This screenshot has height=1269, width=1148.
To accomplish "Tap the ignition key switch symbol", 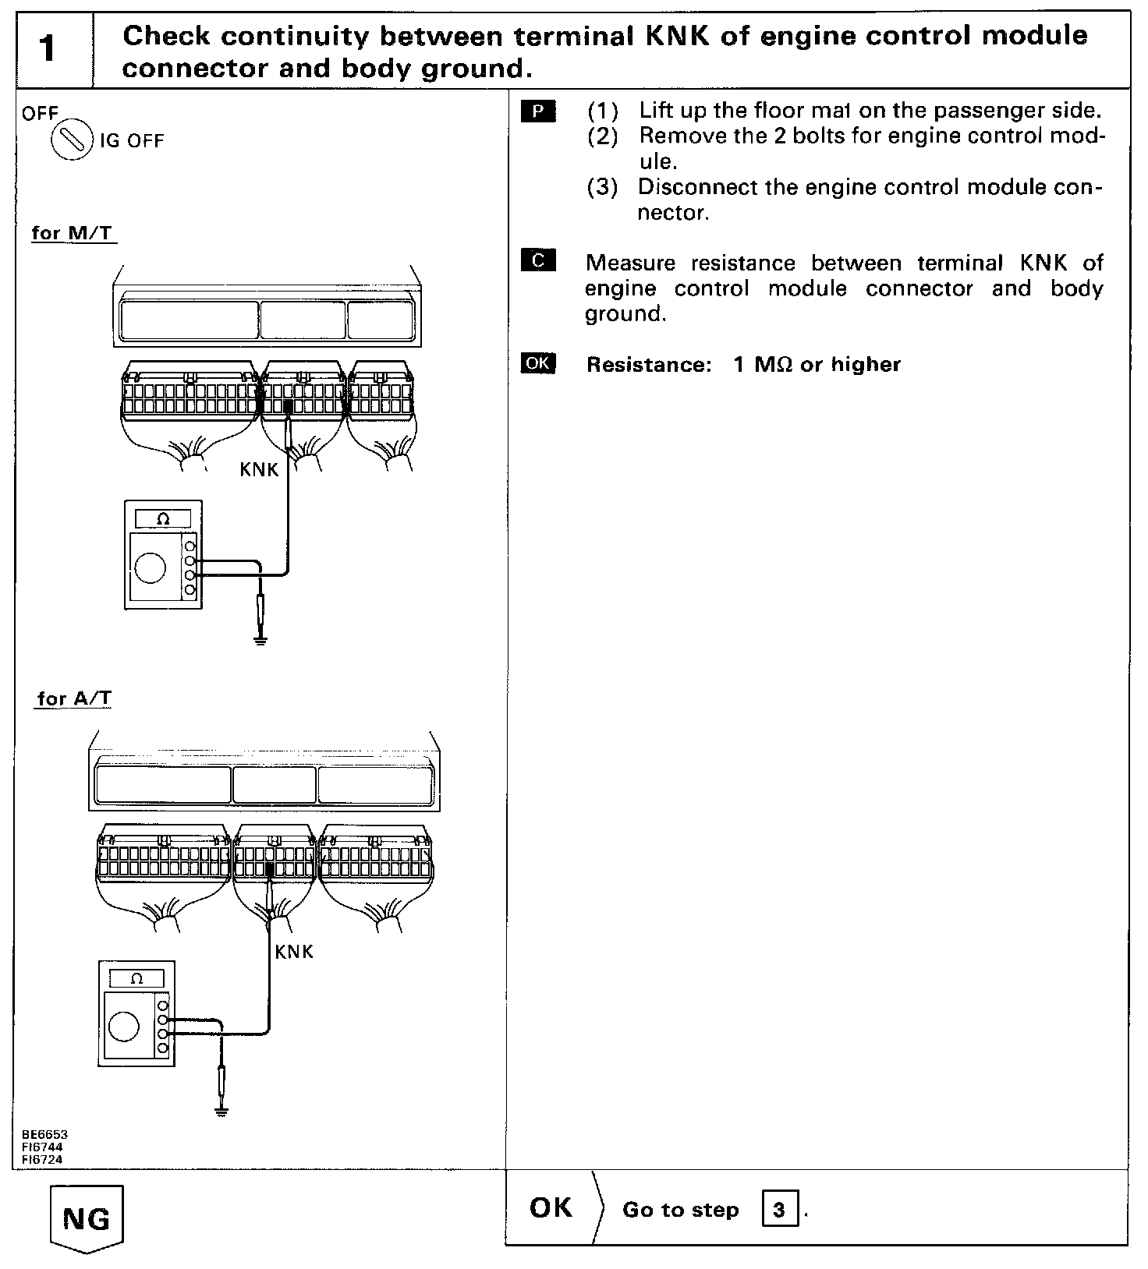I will pos(71,141).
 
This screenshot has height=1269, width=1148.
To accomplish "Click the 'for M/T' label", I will pos(73,233).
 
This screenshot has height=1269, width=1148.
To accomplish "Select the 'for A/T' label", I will pos(74,698).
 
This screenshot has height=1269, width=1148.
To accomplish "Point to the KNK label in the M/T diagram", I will pos(259,470).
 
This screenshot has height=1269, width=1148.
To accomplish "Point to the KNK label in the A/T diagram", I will pos(294,952).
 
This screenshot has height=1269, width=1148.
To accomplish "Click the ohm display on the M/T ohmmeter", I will pos(163,518).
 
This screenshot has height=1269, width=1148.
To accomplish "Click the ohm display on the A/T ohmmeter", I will pos(137,979).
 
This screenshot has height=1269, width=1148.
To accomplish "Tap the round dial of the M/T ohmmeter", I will pos(151,567).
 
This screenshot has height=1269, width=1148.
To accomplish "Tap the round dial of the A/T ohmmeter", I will pos(124,1027).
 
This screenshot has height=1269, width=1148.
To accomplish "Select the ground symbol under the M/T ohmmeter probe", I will pos(260,642).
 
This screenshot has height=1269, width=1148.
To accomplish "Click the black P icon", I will pos(538,112).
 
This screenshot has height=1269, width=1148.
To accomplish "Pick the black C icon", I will pos(538,260).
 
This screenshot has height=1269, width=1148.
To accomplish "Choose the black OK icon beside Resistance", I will pos(538,363).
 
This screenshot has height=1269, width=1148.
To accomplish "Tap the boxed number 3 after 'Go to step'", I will pos(779,1210).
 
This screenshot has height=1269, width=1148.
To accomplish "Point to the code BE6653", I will pos(45,1135).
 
